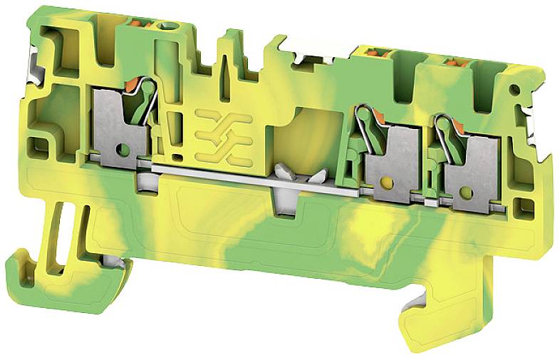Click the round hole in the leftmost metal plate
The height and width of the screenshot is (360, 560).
pos(123,150)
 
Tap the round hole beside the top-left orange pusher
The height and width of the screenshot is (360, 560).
pos(167,26)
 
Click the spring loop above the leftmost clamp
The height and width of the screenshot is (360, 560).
pos(147,89)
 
